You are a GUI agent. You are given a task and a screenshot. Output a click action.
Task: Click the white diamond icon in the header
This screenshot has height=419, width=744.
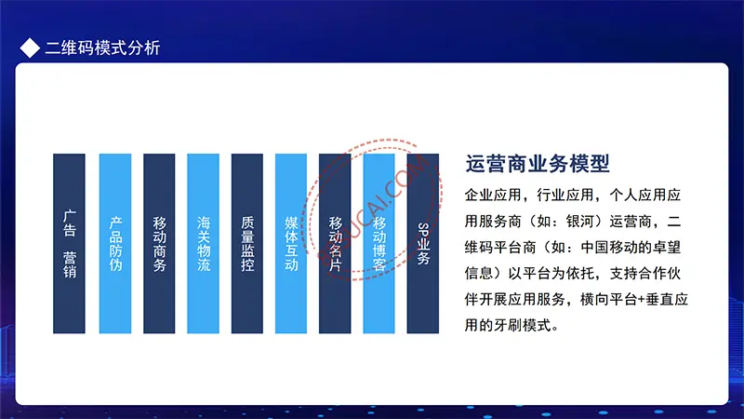tap(30, 48)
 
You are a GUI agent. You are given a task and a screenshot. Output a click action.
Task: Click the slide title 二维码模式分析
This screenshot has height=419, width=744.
tap(102, 48)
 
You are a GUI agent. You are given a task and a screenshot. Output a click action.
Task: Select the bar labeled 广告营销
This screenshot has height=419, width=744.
tap(69, 243)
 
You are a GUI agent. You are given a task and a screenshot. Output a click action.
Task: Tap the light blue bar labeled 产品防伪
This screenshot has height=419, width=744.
tap(115, 243)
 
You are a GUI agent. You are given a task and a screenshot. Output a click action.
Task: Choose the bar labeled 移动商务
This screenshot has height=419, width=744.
tap(159, 243)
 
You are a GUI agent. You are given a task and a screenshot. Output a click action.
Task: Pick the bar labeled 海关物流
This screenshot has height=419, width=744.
tap(203, 243)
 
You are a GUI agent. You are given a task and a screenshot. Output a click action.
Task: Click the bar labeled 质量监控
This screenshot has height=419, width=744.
tap(247, 243)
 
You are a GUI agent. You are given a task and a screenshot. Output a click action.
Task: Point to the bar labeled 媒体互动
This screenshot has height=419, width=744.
tap(291, 243)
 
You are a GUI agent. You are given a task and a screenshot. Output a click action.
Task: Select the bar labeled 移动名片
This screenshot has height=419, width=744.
tap(335, 243)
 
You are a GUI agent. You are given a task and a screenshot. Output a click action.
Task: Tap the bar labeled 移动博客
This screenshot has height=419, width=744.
tap(379, 243)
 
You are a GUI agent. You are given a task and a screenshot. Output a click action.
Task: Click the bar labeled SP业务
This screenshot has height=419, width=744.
tap(423, 243)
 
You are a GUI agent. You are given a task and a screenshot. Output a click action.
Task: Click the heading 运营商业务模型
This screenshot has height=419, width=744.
tap(538, 164)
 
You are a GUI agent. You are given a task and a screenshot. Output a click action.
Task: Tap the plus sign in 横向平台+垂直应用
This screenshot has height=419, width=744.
tap(642, 300)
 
